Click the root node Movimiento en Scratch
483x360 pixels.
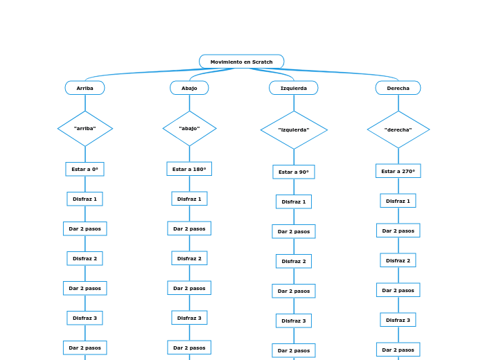click(241, 62)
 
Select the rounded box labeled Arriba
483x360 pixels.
click(85, 88)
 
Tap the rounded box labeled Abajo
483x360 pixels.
click(189, 88)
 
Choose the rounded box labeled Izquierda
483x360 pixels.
click(293, 88)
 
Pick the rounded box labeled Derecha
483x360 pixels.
click(398, 88)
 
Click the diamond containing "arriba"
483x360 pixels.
click(85, 129)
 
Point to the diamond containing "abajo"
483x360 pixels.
click(189, 129)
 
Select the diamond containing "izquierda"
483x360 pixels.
click(294, 129)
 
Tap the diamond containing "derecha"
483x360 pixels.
click(398, 129)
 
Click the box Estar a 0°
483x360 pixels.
click(85, 169)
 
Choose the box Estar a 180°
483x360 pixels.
click(189, 169)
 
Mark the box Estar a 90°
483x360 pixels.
click(294, 172)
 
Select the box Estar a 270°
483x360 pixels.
click(398, 171)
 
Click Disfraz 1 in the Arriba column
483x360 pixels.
click(85, 199)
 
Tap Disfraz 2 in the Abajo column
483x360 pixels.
click(189, 258)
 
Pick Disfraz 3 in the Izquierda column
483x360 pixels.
click(294, 321)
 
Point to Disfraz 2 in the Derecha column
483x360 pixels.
click(398, 260)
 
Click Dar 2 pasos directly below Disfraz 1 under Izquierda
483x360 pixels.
click(294, 231)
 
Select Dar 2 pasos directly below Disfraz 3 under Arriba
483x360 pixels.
click(85, 348)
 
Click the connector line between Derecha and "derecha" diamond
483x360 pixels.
click(398, 102)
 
